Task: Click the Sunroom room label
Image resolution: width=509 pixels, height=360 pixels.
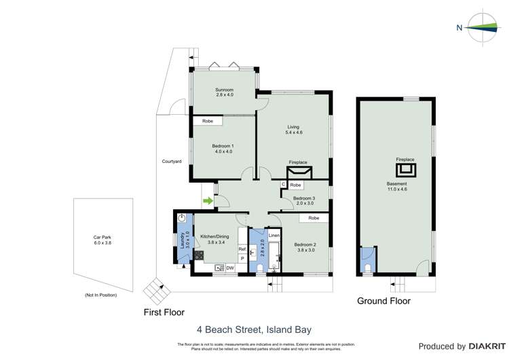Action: [x=225, y=92]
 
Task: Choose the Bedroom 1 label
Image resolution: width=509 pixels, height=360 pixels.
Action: [x=222, y=149]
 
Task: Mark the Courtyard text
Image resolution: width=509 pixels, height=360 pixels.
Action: [x=171, y=162]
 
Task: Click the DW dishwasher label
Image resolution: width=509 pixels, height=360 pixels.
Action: [x=230, y=268]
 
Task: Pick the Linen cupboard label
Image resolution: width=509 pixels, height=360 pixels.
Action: [x=274, y=236]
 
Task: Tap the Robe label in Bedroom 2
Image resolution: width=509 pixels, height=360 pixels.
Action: [x=314, y=218]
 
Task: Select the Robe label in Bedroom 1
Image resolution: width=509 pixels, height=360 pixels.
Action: [x=208, y=121]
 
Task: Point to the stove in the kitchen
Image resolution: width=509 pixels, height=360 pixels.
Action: [x=200, y=256]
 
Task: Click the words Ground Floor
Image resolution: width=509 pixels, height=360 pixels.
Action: [x=384, y=301]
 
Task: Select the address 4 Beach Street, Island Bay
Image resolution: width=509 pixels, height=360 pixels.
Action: [x=254, y=329]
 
